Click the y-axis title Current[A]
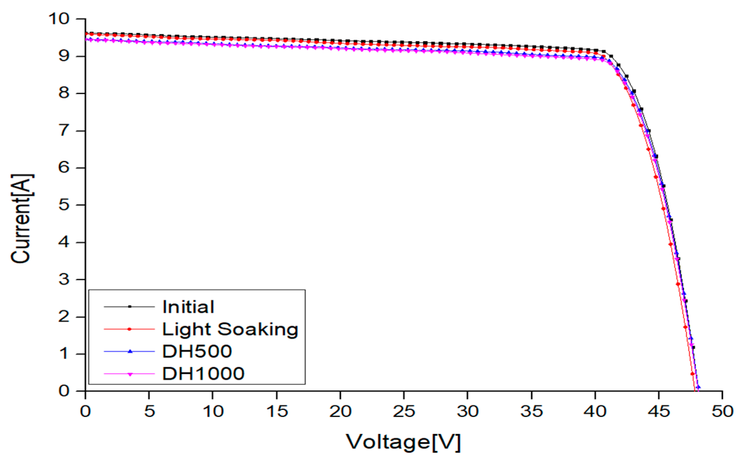point(21,218)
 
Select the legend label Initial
point(188,307)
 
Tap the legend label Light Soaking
point(230,329)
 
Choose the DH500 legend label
point(197,351)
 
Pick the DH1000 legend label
point(203,374)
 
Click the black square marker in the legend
point(129,307)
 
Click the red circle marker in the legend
point(129,329)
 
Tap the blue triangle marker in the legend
point(129,351)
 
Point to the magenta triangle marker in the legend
point(129,374)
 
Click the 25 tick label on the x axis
point(404,412)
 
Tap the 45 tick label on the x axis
point(659,412)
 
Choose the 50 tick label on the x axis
point(722,412)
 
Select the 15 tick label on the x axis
point(277,412)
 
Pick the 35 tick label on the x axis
point(531,412)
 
